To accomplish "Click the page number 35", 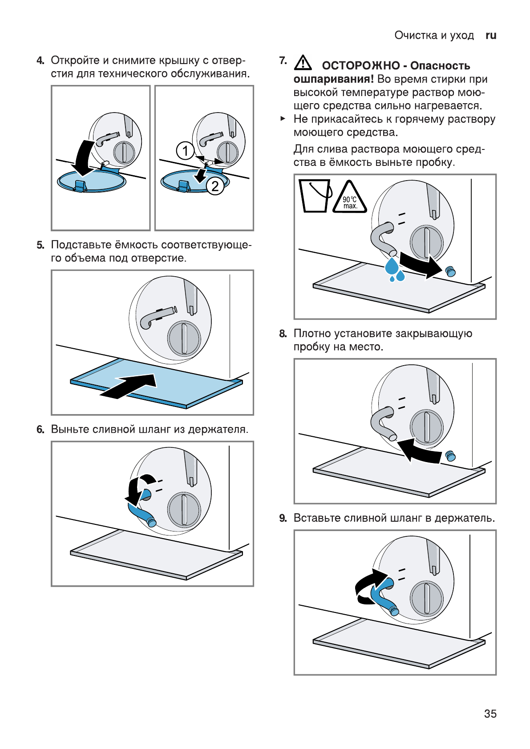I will point(490,713).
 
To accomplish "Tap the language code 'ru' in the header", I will point(491,35).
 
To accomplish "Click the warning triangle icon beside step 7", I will point(303,63).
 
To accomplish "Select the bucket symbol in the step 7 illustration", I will point(315,195).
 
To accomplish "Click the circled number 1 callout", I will point(185,151).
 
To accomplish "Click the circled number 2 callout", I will point(215,186).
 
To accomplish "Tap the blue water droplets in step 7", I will point(394,270).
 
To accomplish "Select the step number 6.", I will point(40,429).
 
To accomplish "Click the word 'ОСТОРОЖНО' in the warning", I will point(360,66).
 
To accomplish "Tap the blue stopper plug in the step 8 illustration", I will point(450,456).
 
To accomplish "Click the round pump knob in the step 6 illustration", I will point(184,510).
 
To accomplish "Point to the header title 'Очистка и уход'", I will point(434,35).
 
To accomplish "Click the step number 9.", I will point(283,518).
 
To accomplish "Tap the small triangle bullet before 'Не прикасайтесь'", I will point(283,119).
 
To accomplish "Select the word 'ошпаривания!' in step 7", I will point(333,79).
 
